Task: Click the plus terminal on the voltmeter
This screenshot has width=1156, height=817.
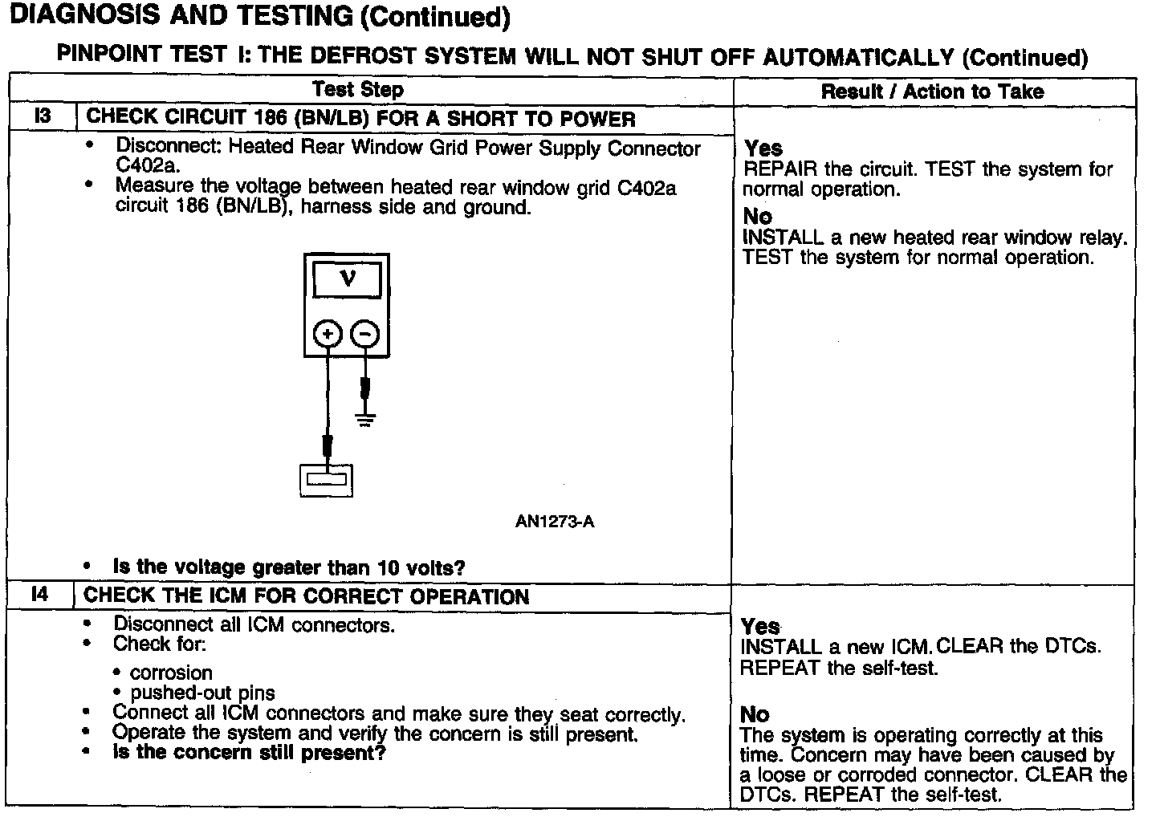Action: coord(328,334)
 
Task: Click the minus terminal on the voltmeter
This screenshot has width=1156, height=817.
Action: coord(365,334)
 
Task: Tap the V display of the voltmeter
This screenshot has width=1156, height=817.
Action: coord(347,280)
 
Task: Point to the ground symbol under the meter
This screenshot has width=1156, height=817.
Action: coord(365,419)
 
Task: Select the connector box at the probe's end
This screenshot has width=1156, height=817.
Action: coord(326,480)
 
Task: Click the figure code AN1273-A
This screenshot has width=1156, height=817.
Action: coord(555,522)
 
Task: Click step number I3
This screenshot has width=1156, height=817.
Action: coord(43,116)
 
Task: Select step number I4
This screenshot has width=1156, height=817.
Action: coord(40,595)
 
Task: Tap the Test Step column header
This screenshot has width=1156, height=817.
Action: coord(358,89)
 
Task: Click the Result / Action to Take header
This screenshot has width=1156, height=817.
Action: coord(932,91)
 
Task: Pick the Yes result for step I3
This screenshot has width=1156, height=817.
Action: coord(763,148)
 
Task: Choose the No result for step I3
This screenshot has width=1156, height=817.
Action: coord(757,217)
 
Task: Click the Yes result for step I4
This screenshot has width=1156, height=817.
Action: coord(759,626)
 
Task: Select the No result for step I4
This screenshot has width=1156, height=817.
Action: coord(755,714)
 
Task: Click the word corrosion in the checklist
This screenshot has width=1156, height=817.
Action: coord(171,673)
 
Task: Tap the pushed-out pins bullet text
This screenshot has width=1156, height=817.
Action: coord(202,693)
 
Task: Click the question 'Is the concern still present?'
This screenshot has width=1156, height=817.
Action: coord(249,754)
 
